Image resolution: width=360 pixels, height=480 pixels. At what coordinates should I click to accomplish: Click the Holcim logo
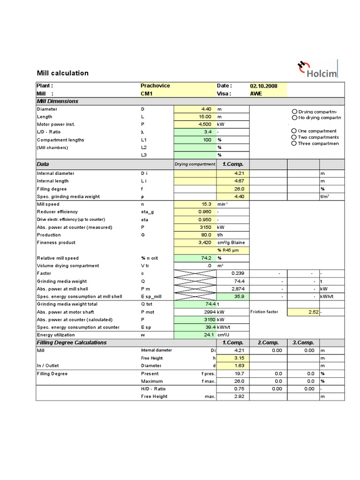pyautogui.click(x=317, y=69)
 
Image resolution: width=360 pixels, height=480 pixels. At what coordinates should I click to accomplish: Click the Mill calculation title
pyautogui.click(x=62, y=73)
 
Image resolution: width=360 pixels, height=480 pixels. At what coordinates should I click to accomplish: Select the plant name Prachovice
pyautogui.click(x=155, y=86)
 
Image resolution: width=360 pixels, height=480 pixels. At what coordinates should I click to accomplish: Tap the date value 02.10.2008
pyautogui.click(x=264, y=86)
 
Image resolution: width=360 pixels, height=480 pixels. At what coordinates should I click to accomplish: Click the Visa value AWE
pyautogui.click(x=256, y=93)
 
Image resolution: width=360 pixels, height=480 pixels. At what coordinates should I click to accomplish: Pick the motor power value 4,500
pyautogui.click(x=205, y=124)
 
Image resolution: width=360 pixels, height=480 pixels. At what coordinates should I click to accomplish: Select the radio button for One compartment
pyautogui.click(x=294, y=131)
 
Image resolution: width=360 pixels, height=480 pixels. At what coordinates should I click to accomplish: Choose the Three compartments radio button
pyautogui.click(x=294, y=143)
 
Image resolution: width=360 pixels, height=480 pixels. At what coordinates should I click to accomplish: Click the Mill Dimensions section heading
pyautogui.click(x=58, y=101)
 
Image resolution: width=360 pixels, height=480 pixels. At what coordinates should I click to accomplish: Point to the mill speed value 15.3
pyautogui.click(x=206, y=204)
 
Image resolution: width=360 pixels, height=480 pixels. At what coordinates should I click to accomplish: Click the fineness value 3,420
pyautogui.click(x=205, y=242)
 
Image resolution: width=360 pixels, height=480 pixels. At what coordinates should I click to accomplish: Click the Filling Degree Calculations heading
pyautogui.click(x=72, y=343)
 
